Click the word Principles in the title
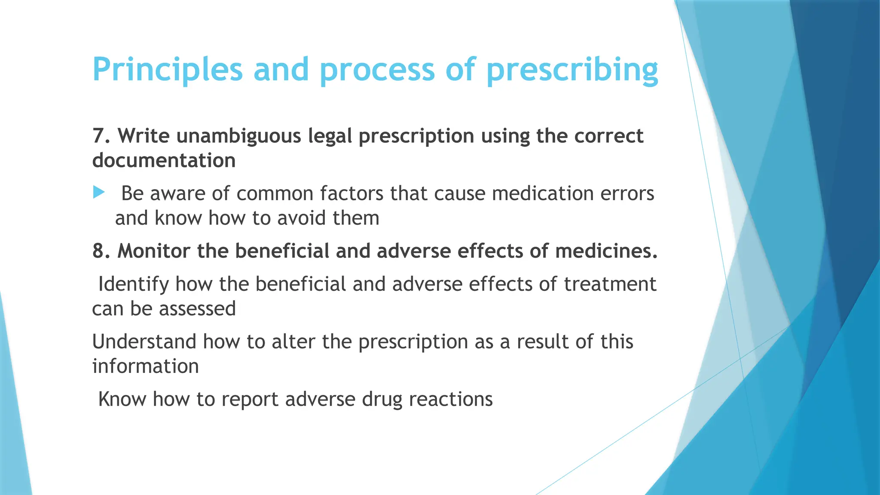coord(168,70)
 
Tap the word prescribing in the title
coord(572,70)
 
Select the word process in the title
coord(377,70)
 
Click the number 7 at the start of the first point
coord(98,136)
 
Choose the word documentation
coord(164,161)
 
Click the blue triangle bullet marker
coord(99,192)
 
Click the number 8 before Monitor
coord(98,251)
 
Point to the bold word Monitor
coord(153,251)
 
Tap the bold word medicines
coord(606,251)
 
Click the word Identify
coord(133,284)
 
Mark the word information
coord(145,367)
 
